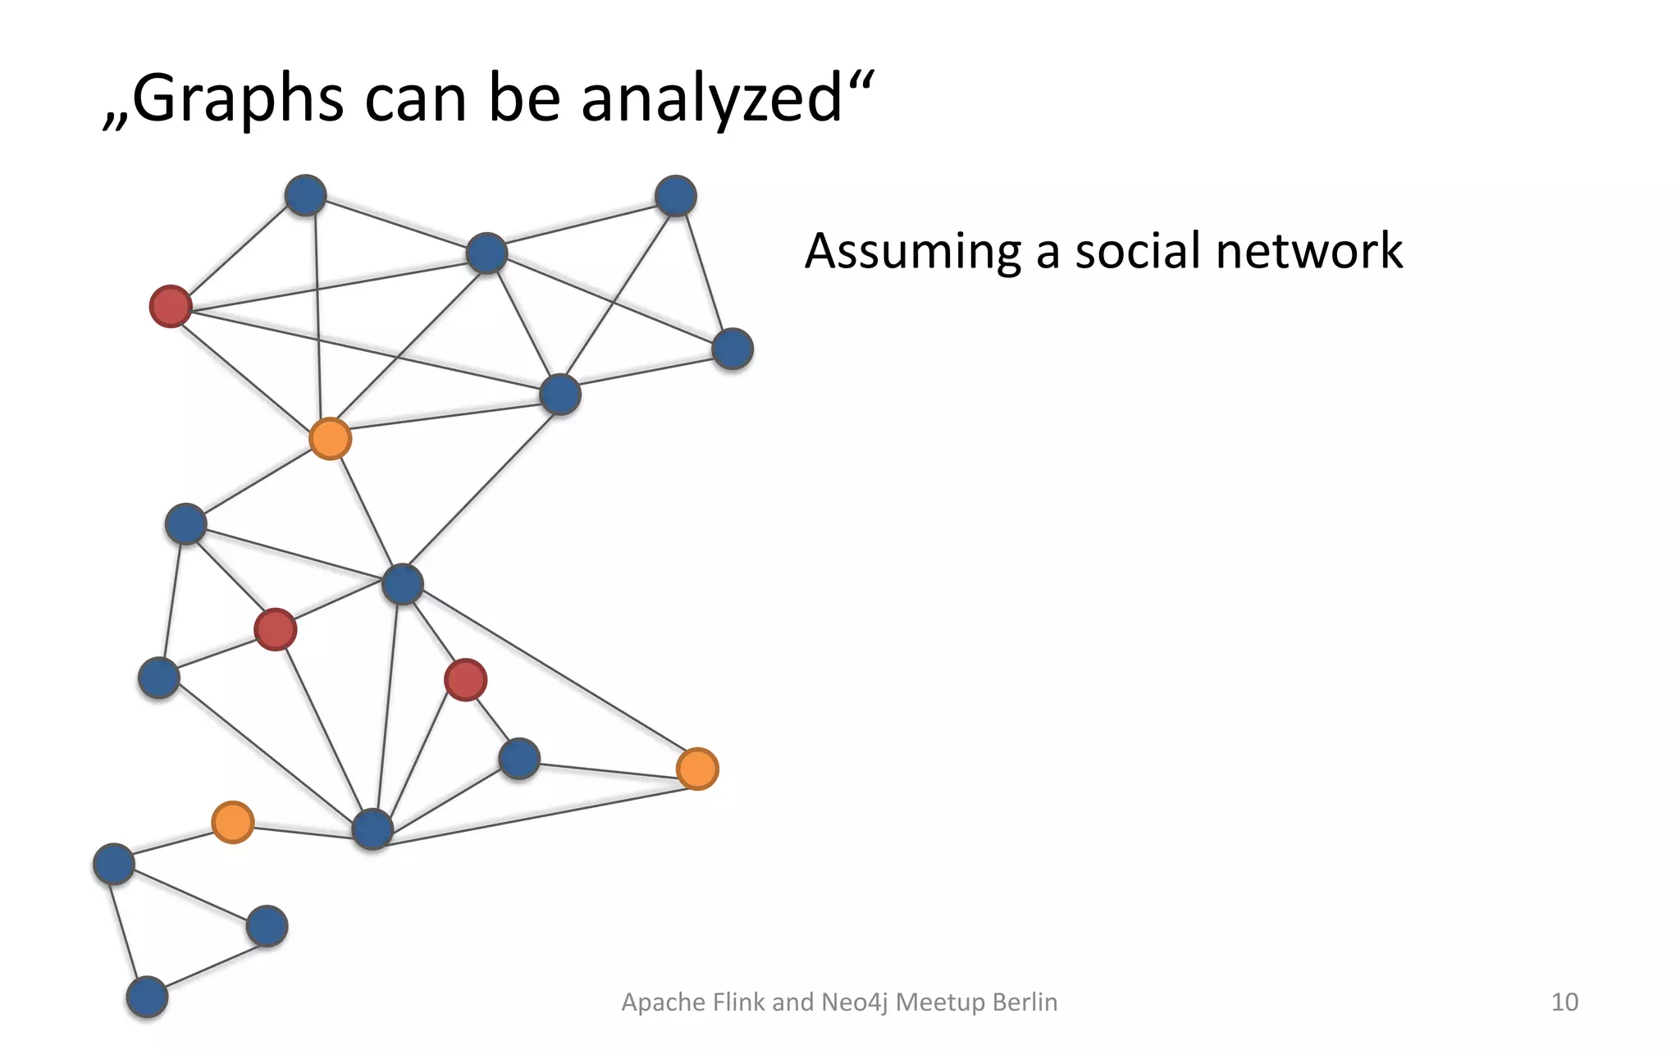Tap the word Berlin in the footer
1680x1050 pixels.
click(x=1025, y=1002)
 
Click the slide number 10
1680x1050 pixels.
click(x=1564, y=1002)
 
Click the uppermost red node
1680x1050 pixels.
click(x=171, y=306)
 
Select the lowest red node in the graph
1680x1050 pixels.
click(x=465, y=679)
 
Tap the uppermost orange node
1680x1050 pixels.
click(x=330, y=438)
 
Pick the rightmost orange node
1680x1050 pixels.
click(x=697, y=769)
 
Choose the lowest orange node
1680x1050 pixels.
click(x=232, y=822)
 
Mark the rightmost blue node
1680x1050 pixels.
click(x=733, y=349)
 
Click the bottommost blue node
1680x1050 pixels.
click(x=147, y=997)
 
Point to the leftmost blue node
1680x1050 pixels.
click(x=113, y=863)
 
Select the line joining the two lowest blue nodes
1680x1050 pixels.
click(x=207, y=961)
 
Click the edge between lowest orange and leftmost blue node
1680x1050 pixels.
click(x=172, y=842)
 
